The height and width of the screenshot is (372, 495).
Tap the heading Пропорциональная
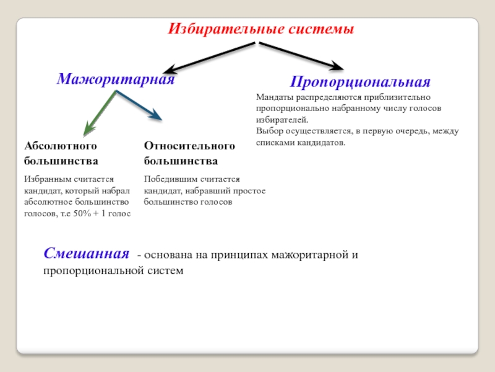coord(360,82)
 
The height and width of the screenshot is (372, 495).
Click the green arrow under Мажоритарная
coord(100,113)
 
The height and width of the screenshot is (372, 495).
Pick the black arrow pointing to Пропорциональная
coord(300,55)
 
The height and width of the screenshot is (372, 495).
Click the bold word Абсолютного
coord(61,146)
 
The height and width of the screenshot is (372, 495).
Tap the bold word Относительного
coord(190,146)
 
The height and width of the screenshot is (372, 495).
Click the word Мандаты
coord(274,97)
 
